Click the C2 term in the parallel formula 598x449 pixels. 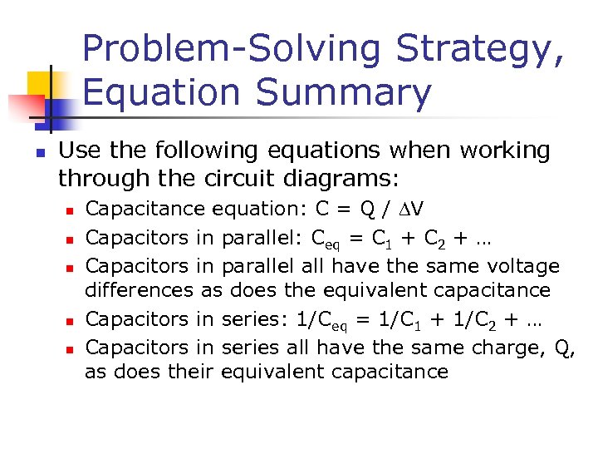pyautogui.click(x=432, y=239)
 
